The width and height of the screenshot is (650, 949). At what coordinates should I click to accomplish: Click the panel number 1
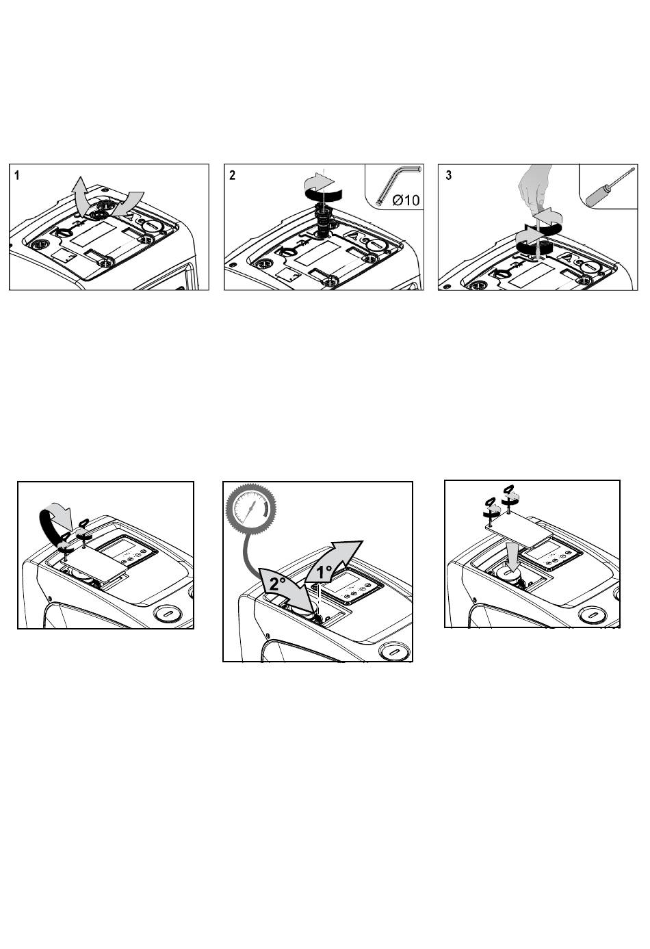pyautogui.click(x=17, y=175)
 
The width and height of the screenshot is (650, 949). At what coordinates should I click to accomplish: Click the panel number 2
pyautogui.click(x=232, y=175)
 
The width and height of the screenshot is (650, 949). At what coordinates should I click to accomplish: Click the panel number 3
pyautogui.click(x=449, y=175)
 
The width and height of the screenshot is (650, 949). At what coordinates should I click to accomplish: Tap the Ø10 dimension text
pyautogui.click(x=406, y=200)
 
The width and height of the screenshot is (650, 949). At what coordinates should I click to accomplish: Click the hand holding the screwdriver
pyautogui.click(x=535, y=186)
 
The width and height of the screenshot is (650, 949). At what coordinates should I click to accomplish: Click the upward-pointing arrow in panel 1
pyautogui.click(x=80, y=193)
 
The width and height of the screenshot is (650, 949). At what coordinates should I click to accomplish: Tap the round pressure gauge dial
pyautogui.click(x=251, y=508)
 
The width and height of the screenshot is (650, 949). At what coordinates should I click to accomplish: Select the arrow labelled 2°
pyautogui.click(x=287, y=587)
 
